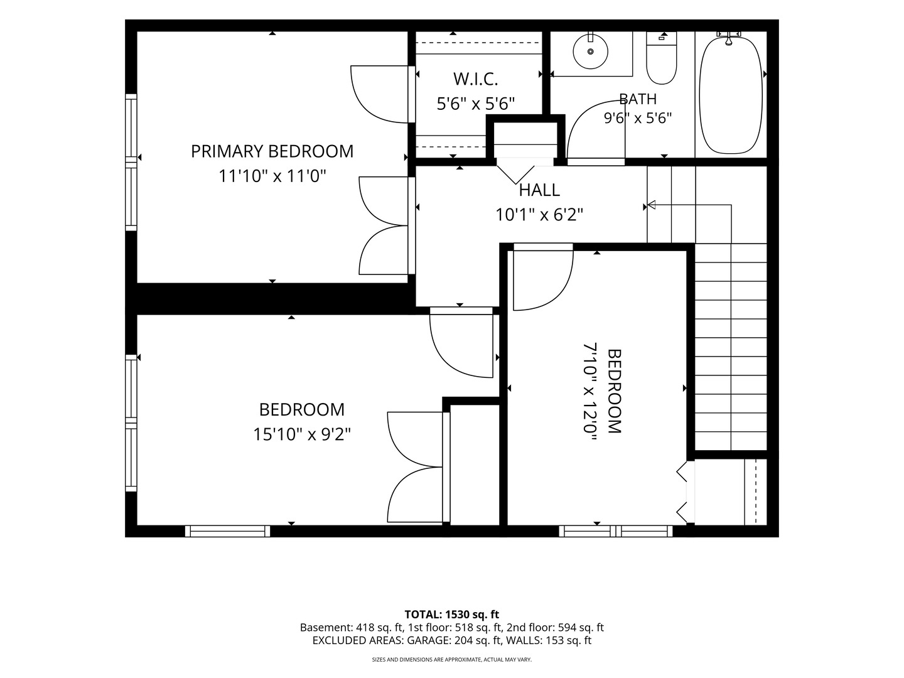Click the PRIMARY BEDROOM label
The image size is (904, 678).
[x=272, y=151]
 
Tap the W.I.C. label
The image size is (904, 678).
[x=476, y=79]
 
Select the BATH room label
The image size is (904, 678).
[x=638, y=99]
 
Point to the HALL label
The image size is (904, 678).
[x=539, y=190]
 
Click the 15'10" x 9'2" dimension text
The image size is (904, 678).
[x=302, y=434]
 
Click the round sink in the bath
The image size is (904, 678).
[x=591, y=51]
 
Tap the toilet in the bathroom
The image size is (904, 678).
[x=662, y=58]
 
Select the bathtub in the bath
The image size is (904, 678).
[x=731, y=95]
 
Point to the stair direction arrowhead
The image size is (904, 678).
[x=652, y=205]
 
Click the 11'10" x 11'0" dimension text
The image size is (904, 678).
[x=272, y=176]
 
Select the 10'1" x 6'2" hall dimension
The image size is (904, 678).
[x=539, y=215]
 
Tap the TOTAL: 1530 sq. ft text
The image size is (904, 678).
[x=452, y=615]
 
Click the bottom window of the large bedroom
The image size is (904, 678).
[x=227, y=531]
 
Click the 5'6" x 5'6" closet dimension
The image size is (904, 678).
[x=476, y=104]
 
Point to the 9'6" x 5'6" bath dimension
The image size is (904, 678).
[x=638, y=119]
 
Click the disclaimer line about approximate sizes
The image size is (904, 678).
[x=452, y=659]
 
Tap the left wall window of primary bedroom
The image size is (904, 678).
[x=131, y=162]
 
